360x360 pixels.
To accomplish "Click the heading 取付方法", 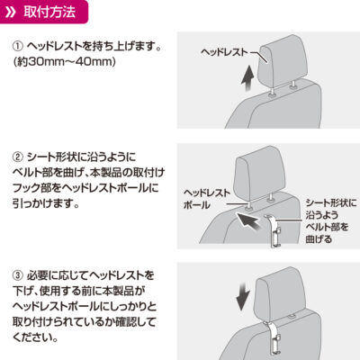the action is click(49, 13).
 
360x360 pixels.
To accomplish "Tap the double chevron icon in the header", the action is click(11, 13).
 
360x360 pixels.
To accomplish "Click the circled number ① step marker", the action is click(18, 47).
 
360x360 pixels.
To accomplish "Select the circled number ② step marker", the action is click(18, 157).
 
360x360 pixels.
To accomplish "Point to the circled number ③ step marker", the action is click(18, 274).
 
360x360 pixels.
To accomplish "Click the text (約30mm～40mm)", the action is click(65, 62).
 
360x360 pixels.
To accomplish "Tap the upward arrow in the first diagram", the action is click(248, 79).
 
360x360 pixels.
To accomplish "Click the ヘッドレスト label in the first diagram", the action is click(225, 52).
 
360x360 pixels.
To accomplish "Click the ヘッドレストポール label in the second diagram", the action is click(207, 199).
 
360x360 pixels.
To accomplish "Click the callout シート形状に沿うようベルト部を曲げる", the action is click(331, 220).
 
